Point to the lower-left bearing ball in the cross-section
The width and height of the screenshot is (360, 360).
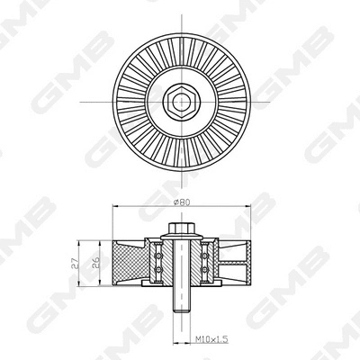tap(158, 269)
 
